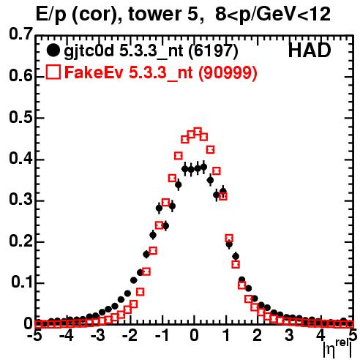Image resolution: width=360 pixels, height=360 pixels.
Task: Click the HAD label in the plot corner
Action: click(310, 50)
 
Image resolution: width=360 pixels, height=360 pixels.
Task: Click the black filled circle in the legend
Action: click(53, 50)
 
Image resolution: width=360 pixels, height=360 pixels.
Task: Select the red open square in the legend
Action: click(53, 72)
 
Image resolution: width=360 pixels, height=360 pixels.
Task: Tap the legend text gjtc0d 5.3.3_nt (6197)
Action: click(151, 51)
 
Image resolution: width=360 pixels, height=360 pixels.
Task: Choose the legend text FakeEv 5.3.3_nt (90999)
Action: click(161, 72)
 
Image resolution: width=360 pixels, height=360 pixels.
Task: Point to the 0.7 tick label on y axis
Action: click(20, 34)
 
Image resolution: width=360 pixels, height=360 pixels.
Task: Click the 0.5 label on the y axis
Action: click(20, 118)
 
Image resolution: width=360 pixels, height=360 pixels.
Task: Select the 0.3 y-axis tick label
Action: click(20, 200)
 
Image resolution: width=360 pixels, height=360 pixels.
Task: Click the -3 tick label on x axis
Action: click(97, 335)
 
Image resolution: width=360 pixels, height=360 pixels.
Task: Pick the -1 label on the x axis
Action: click(161, 335)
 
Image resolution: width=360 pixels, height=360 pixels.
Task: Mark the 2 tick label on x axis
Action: click(257, 335)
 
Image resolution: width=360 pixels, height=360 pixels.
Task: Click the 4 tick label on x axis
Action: click(320, 335)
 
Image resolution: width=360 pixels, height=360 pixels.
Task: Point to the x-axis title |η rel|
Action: click(337, 349)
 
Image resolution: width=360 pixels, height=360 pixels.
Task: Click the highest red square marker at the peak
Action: click(198, 132)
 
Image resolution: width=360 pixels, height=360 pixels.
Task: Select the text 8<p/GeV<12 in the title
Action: click(273, 15)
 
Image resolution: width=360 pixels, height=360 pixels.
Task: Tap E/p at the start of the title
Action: click(52, 15)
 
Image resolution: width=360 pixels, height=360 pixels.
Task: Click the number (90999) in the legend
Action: click(228, 72)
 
